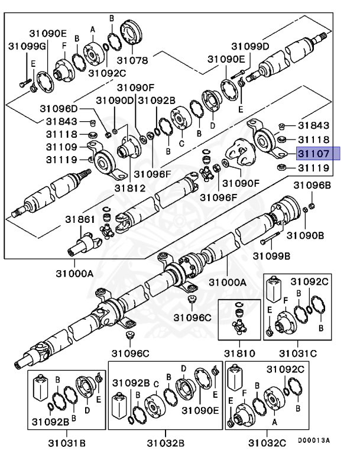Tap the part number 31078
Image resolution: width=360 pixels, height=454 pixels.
(x=132, y=60)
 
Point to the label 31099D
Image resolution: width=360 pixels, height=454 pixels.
(x=249, y=46)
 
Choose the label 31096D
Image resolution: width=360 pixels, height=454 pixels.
(x=59, y=108)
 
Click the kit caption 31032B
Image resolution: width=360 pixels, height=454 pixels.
(x=166, y=442)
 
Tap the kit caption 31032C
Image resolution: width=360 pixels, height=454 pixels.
(x=267, y=442)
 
